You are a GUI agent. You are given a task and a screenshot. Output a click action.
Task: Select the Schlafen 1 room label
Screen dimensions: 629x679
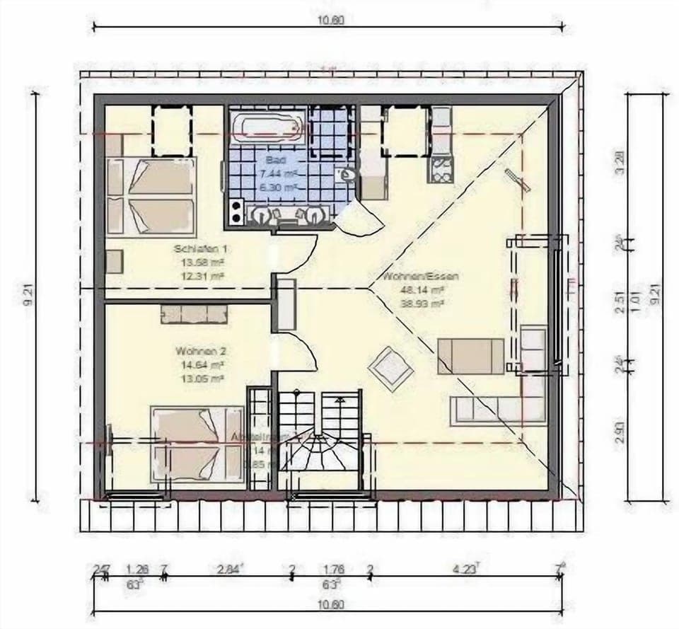coord(201,249)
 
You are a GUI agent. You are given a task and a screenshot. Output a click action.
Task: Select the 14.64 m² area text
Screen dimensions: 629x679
coord(201,365)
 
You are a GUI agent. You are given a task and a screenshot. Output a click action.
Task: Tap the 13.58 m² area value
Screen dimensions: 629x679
coord(201,262)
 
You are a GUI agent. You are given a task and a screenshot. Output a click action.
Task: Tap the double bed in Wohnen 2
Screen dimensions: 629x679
coord(198,444)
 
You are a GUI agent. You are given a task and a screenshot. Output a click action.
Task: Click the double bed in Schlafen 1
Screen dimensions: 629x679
coord(151,195)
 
